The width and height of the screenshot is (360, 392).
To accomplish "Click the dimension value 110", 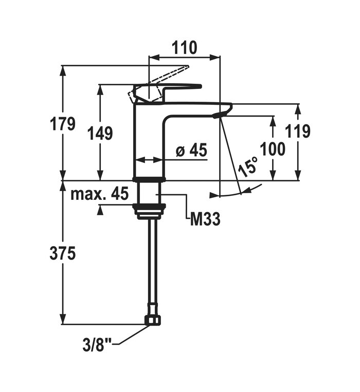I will coord(184,48).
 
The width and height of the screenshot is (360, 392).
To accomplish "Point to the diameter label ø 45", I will coord(191,151).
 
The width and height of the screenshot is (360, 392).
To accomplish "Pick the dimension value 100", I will coord(272,150).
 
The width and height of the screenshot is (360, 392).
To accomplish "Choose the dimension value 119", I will coord(298,132).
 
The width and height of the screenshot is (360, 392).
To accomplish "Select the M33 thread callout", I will coord(205,220).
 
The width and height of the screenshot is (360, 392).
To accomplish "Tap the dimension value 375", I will coord(63,253).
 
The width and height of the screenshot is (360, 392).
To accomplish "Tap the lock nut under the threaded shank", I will coord(149,209).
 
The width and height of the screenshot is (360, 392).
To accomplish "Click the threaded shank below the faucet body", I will coord(149,193).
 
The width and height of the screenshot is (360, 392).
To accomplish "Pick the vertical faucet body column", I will coord(149,144).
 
